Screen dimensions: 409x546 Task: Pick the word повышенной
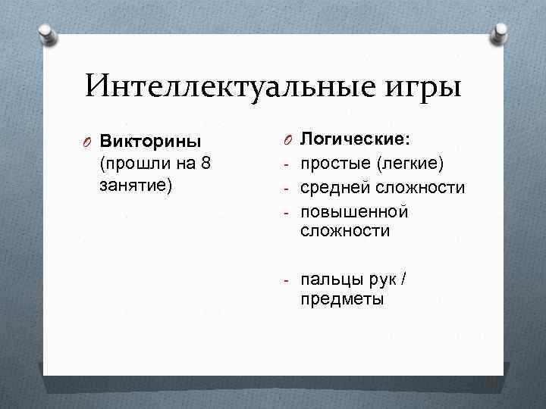point(354,210)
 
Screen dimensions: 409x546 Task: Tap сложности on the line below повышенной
point(345,231)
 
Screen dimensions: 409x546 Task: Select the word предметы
point(342,299)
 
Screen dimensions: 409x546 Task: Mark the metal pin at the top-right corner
point(500,33)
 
